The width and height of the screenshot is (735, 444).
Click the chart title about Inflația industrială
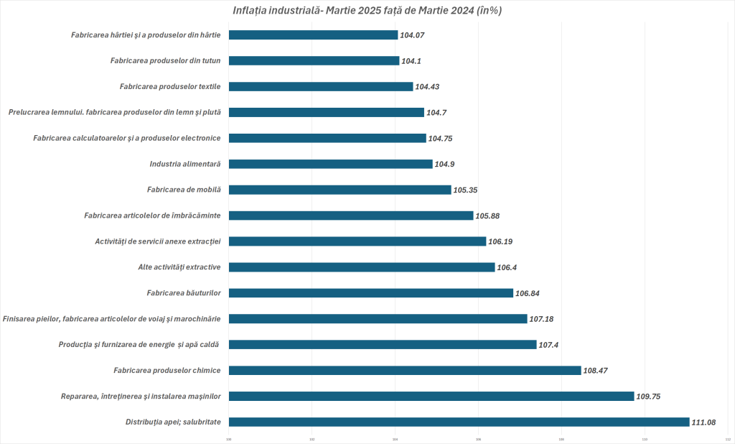click(367, 11)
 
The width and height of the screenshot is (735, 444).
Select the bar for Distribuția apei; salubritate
click(459, 422)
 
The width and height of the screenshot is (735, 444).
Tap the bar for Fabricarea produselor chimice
click(405, 370)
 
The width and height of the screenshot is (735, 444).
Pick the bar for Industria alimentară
click(330, 164)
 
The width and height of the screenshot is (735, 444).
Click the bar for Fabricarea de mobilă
click(340, 190)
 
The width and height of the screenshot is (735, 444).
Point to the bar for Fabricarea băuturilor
click(371, 292)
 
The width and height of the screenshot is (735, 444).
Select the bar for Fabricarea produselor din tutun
click(314, 60)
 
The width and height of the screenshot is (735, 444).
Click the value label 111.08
click(705, 422)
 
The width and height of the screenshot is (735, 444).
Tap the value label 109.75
click(650, 397)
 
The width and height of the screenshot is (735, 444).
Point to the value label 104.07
click(413, 35)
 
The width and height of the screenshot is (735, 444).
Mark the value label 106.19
click(501, 241)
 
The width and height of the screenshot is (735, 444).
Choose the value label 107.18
click(543, 319)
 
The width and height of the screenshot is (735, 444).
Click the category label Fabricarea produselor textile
click(170, 86)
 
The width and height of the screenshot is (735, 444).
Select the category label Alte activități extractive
click(179, 267)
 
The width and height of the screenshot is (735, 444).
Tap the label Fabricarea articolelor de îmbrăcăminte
click(152, 216)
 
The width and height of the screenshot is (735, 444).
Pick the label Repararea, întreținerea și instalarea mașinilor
click(140, 396)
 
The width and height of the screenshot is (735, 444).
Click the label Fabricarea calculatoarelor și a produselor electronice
click(126, 138)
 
